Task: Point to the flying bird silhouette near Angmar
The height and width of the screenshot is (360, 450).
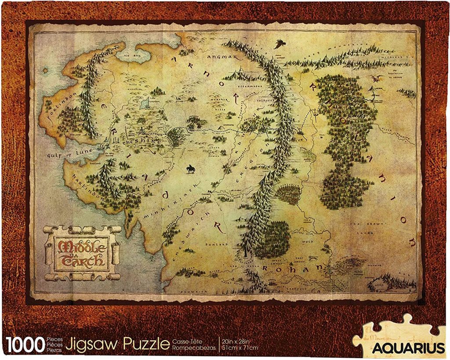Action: (278, 44)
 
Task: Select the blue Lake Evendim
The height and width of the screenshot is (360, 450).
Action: (144, 104)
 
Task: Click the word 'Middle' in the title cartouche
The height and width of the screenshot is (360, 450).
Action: (82, 245)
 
